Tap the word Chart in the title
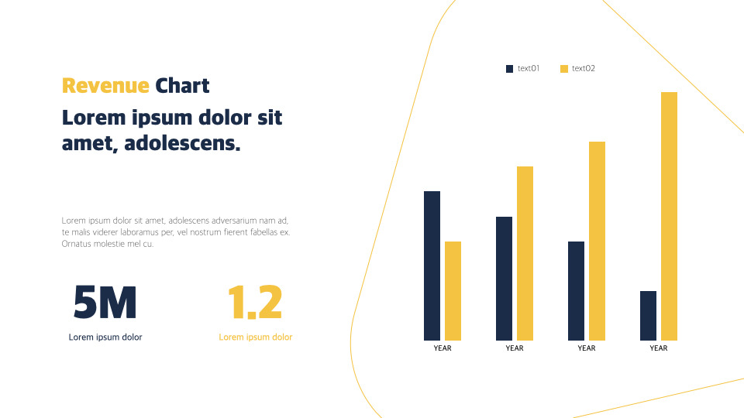[x=182, y=85]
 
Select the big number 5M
[x=105, y=303]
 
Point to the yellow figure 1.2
[x=255, y=303]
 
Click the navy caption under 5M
[x=105, y=337]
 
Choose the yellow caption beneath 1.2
[x=256, y=337]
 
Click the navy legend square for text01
[x=509, y=69]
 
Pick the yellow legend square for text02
[x=563, y=69]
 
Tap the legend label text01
[x=529, y=69]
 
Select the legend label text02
[x=584, y=69]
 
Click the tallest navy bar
[x=432, y=266]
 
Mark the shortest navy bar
[x=648, y=315]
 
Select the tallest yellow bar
[x=669, y=216]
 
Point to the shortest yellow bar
[x=453, y=290]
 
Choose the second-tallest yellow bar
[x=597, y=241]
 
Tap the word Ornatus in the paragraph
[x=76, y=244]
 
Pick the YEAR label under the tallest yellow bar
[x=659, y=348]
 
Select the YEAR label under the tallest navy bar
[x=443, y=348]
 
